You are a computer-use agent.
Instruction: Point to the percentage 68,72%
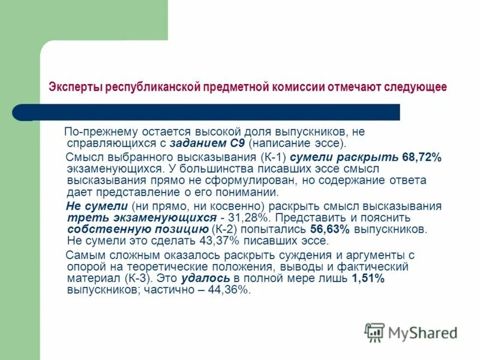pyautogui.click(x=421, y=157)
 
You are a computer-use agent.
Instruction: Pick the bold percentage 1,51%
pyautogui.click(x=368, y=279)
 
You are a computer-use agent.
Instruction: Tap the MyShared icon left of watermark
pyautogui.click(x=374, y=332)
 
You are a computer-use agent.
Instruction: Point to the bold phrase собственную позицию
pyautogui.click(x=138, y=229)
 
